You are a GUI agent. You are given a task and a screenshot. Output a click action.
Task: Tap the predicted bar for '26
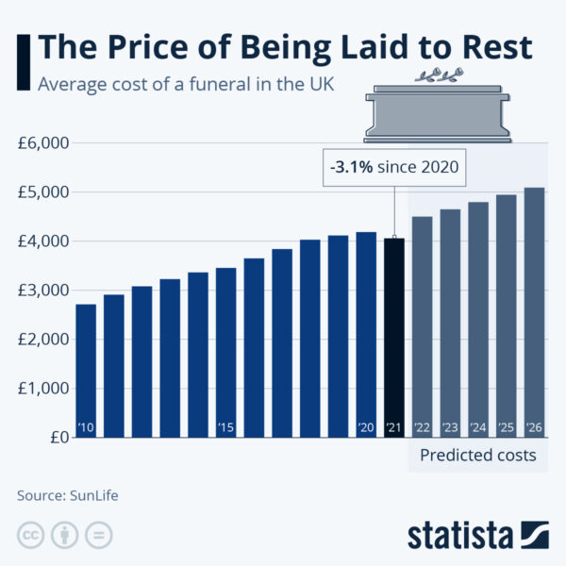coord(534,312)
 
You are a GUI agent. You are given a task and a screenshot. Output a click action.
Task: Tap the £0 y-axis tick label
coord(57,438)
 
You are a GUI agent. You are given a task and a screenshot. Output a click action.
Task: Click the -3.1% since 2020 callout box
coord(394,168)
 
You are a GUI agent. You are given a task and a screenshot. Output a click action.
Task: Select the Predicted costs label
coord(477,456)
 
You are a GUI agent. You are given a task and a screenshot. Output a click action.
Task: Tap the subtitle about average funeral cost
coord(186,84)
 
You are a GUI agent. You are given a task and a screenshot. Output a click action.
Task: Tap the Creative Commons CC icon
coord(30,536)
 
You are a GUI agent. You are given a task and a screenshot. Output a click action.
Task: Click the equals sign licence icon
coord(98,536)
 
